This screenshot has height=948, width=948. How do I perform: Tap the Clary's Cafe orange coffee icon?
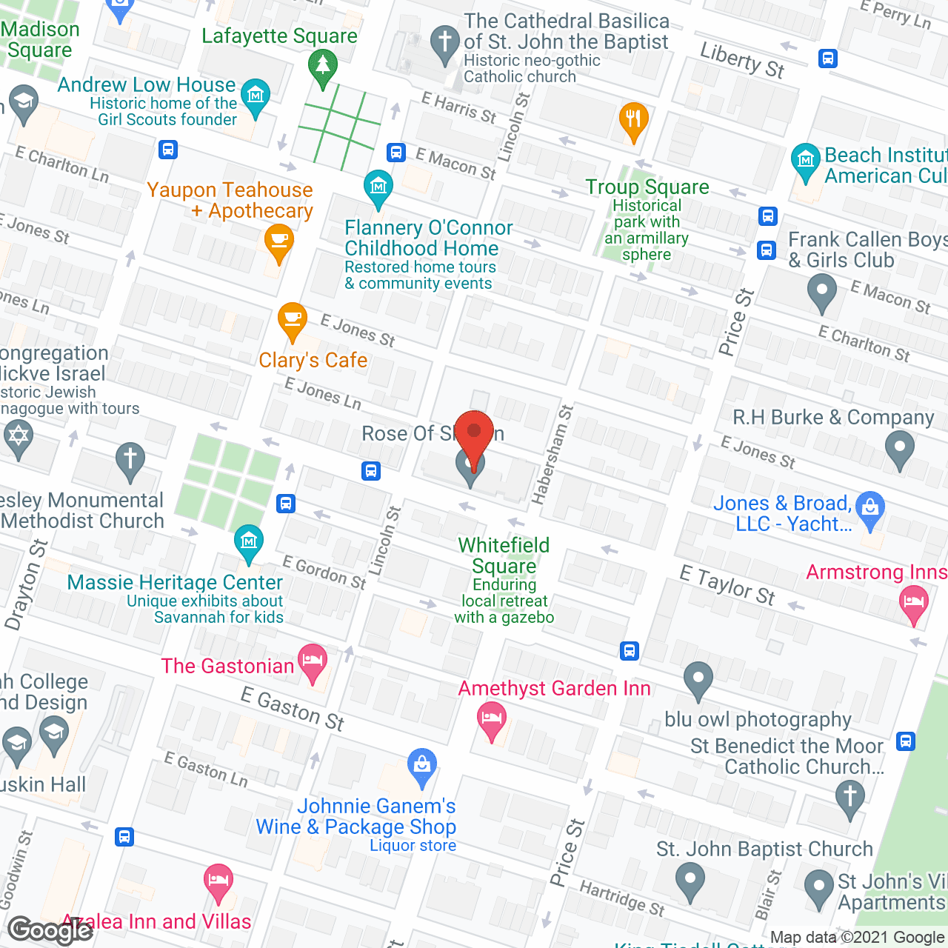point(293,320)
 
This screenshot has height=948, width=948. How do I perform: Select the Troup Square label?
point(647,187)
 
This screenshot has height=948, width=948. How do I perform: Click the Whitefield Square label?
point(504,555)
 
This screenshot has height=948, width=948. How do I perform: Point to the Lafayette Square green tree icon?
point(322,67)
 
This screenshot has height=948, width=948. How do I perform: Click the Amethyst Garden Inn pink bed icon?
point(492,719)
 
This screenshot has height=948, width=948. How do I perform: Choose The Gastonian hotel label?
point(228,667)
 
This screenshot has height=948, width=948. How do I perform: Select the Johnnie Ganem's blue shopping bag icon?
point(422,767)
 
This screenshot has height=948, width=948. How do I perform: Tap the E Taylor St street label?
point(727,585)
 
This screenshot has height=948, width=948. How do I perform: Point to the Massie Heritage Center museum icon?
point(249,542)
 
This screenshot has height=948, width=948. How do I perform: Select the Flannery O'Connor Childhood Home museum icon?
point(378,187)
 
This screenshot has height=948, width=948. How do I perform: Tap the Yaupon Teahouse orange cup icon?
point(279,241)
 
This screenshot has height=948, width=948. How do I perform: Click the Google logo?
point(50,930)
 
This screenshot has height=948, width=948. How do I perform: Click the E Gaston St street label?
point(293,709)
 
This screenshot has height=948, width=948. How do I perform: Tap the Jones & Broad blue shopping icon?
point(870,509)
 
